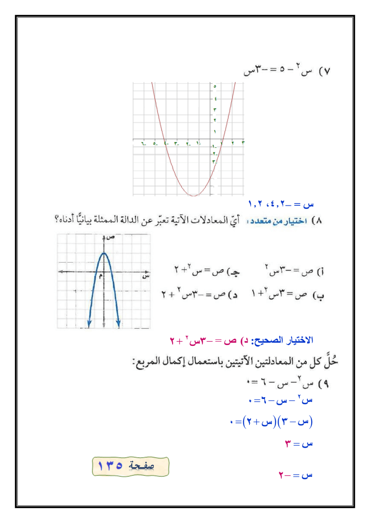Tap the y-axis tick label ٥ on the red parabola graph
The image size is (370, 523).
[215, 86]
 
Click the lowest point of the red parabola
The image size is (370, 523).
[194, 196]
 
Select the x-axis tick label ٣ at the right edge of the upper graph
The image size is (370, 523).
[243, 143]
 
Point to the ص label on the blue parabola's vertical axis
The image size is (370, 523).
[111, 238]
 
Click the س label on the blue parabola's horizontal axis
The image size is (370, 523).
[145, 277]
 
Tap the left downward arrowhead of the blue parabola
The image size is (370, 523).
[88, 326]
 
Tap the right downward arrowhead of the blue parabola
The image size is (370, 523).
[119, 326]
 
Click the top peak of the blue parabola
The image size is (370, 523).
[104, 253]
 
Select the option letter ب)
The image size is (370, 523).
[318, 294]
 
